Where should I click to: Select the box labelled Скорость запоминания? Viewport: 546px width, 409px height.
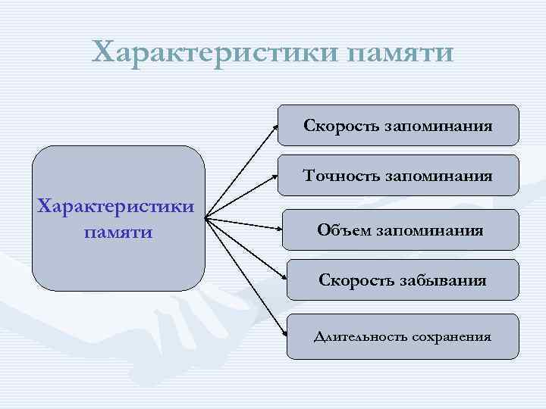click(398, 125)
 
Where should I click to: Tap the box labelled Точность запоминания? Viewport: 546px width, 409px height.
click(398, 176)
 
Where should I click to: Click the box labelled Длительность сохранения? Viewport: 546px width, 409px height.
click(402, 336)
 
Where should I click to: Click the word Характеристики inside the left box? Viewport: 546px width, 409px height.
click(118, 205)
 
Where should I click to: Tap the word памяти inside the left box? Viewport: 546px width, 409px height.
click(118, 230)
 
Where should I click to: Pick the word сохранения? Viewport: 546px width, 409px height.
click(452, 336)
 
